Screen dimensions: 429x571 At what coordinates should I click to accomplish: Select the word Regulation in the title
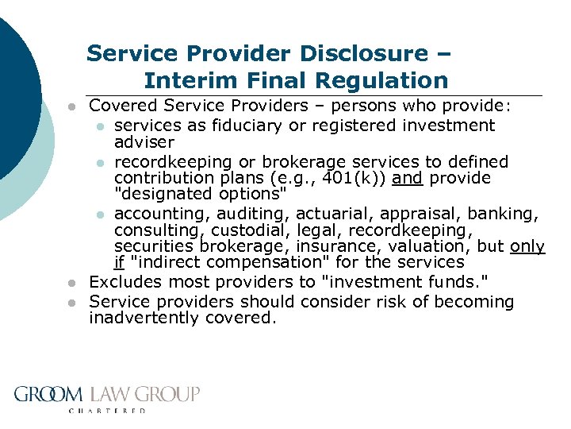coord(381,80)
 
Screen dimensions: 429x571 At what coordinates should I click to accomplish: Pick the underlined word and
coord(407,178)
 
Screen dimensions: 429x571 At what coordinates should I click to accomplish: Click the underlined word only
coord(527,246)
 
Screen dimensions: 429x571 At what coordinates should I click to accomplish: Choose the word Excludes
coord(125,281)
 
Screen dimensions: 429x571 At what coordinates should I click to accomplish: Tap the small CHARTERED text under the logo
coord(107,411)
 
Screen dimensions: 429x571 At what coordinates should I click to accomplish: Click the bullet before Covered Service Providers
coord(71,106)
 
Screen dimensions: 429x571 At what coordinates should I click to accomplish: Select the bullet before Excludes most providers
coord(71,282)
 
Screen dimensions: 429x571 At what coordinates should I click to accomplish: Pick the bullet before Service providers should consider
coord(71,302)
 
